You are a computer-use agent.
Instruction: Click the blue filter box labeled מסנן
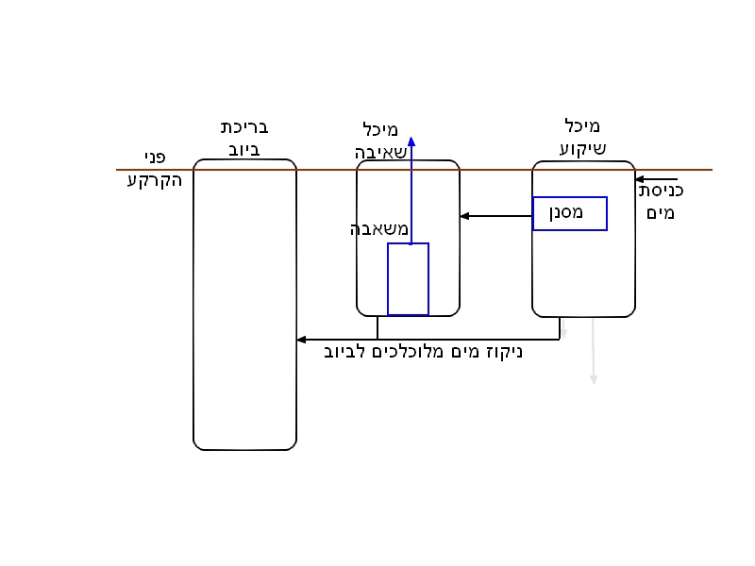click(569, 213)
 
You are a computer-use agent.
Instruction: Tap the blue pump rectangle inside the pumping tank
click(408, 279)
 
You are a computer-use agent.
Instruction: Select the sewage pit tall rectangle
click(244, 305)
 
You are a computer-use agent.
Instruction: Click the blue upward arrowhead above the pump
click(411, 142)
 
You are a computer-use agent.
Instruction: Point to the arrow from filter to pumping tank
click(495, 216)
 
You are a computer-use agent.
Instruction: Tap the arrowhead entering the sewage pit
click(301, 340)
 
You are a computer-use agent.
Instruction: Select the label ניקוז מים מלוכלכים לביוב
click(423, 353)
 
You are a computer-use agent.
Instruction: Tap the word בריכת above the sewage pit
click(244, 127)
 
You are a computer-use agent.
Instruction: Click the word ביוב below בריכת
click(244, 148)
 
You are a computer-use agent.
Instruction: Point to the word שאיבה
click(381, 151)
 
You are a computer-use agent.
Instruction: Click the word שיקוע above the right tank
click(582, 148)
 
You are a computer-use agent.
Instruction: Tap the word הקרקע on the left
click(154, 179)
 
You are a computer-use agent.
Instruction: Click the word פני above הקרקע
click(155, 157)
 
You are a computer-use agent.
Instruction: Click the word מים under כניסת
click(662, 213)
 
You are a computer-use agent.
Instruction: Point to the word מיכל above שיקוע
click(582, 126)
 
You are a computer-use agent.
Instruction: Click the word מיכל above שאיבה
click(380, 129)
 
